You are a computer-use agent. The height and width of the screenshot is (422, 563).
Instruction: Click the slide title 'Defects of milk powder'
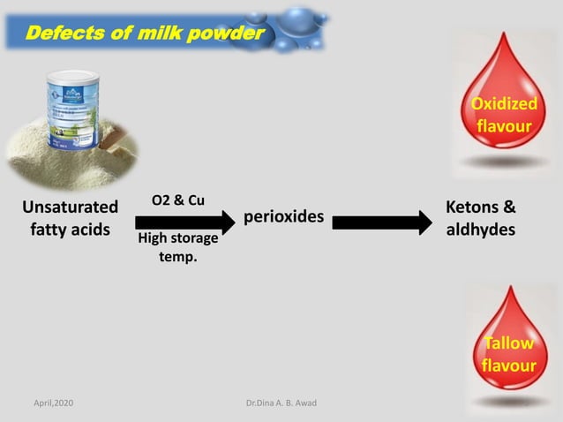(146, 33)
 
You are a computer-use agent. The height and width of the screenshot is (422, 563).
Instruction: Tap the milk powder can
(73, 109)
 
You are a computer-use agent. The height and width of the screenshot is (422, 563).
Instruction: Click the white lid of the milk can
(73, 78)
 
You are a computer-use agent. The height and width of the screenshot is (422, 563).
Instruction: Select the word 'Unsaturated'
(70, 207)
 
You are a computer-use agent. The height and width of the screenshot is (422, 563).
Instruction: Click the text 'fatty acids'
(70, 230)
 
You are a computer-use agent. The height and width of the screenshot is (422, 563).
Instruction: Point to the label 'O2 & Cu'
(178, 200)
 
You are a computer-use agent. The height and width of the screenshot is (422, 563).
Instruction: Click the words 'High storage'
(178, 238)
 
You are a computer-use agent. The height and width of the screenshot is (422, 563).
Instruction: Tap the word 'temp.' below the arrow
(178, 257)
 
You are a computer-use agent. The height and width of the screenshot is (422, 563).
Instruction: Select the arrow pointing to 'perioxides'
(185, 222)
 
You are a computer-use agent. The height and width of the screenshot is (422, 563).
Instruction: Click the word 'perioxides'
(283, 216)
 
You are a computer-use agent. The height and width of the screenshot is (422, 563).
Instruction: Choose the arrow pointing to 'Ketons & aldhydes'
(382, 222)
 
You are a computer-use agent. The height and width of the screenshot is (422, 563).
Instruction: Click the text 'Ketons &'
(481, 207)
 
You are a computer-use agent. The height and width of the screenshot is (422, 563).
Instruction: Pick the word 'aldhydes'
(481, 230)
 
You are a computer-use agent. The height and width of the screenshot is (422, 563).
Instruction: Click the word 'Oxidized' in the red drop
(504, 104)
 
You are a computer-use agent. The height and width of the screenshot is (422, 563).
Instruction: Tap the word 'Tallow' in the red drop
(509, 343)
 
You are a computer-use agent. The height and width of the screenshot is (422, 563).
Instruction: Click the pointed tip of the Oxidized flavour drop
(504, 33)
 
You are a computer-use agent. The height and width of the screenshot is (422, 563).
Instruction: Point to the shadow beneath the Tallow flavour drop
(510, 402)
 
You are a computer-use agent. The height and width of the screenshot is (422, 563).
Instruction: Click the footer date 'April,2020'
(54, 403)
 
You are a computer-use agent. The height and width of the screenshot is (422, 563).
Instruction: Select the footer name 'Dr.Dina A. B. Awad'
(281, 403)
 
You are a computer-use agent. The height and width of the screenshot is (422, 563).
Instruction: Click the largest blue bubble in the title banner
(297, 22)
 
